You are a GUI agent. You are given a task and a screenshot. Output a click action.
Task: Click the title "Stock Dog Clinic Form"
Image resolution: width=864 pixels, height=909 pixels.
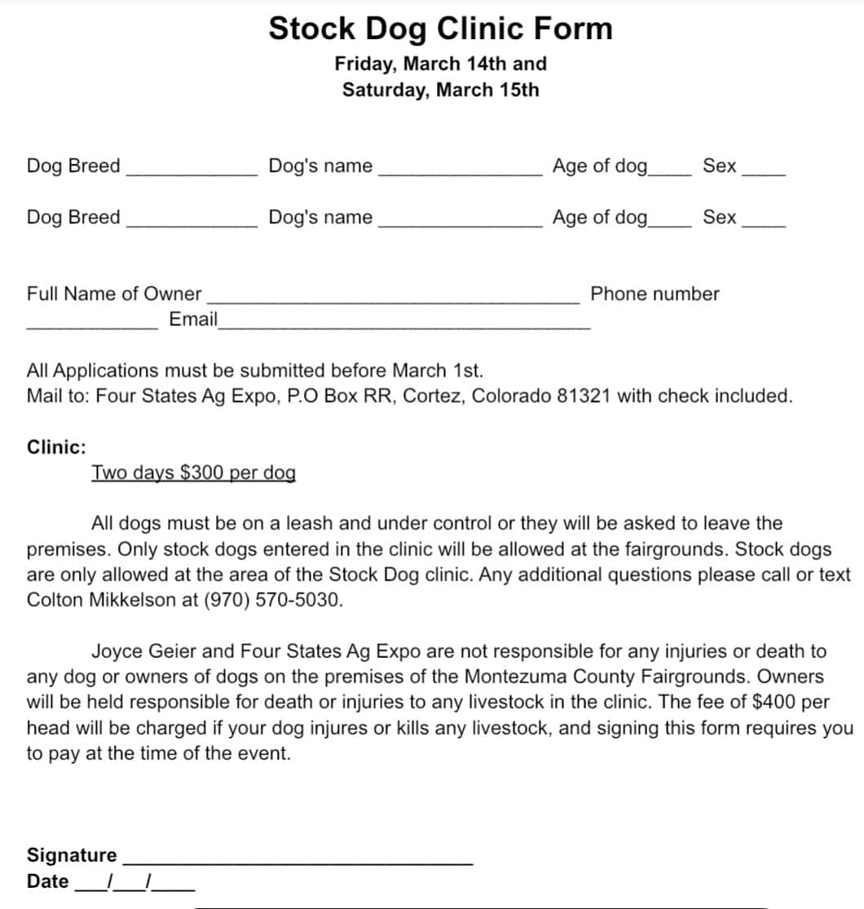pos(440,29)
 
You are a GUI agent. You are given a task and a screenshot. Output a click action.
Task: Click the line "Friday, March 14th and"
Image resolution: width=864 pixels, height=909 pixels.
pos(440,64)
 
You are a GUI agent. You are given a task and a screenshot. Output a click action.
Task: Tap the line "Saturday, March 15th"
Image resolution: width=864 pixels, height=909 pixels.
pos(440,90)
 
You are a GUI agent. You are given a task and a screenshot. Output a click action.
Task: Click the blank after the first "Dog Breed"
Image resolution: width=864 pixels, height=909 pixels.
pos(192,171)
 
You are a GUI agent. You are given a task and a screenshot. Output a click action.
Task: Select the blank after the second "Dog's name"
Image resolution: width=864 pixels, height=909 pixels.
pos(460,222)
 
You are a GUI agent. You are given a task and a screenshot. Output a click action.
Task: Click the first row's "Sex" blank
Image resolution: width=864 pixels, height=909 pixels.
pos(764,171)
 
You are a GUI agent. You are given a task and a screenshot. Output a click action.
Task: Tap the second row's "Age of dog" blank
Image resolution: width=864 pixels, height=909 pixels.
pos(670,222)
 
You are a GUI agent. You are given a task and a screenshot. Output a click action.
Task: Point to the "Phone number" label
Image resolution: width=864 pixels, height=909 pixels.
pos(655,293)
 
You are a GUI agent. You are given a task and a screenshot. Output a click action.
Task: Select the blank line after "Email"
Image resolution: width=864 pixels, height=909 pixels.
pos(403,324)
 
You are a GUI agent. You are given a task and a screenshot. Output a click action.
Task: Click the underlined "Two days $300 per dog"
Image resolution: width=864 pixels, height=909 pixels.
pos(193,473)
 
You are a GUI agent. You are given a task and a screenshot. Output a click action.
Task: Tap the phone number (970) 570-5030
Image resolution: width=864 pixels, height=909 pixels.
pos(276,600)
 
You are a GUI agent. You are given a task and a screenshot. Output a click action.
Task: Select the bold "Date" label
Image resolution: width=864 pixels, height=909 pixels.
pos(48,881)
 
